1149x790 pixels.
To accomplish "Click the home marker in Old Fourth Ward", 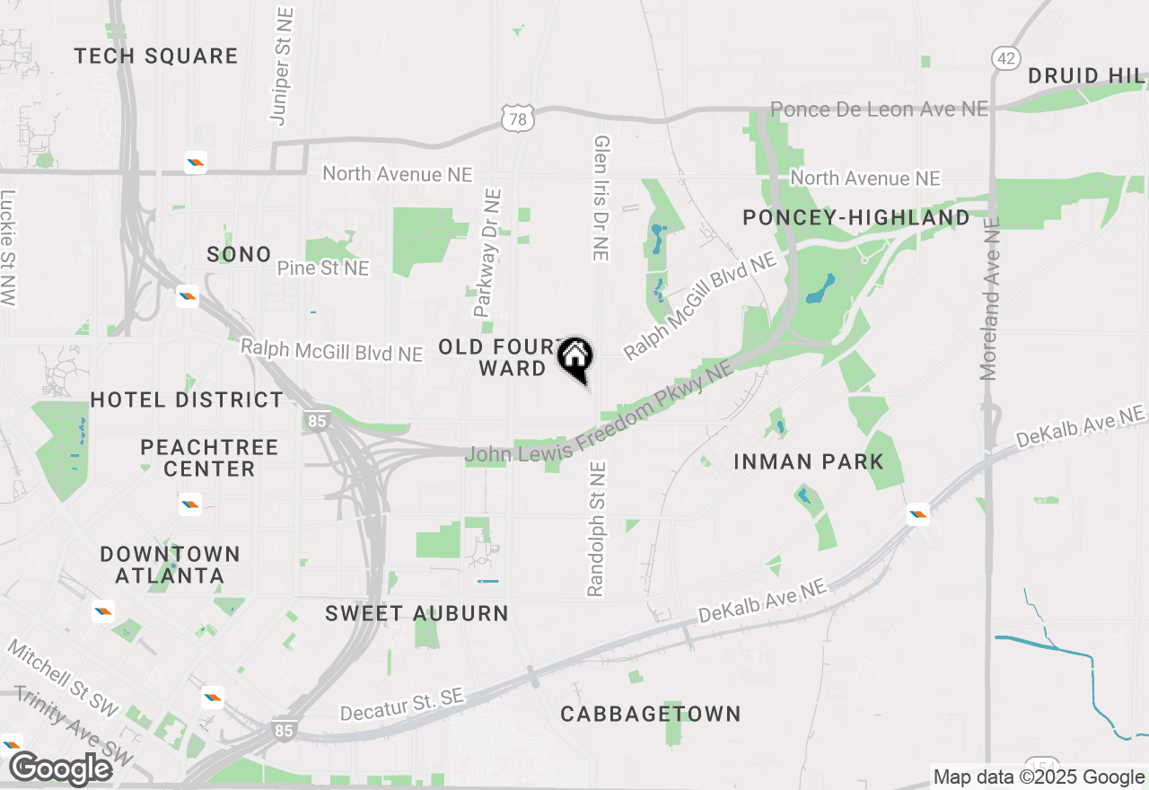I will point(575,357).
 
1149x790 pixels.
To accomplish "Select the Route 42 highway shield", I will point(1006,58).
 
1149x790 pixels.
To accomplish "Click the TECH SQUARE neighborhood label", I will point(156,56).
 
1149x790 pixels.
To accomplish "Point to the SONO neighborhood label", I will point(239,254).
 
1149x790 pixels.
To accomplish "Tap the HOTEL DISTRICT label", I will point(187,399).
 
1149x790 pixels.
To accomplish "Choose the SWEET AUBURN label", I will point(417,613).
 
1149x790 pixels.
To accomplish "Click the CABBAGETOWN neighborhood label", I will point(651,714).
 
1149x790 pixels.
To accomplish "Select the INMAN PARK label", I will point(809,461).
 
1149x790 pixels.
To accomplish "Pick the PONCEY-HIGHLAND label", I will point(856,217).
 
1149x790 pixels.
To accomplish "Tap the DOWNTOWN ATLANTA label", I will point(170,564).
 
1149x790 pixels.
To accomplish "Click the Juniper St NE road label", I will point(281,65).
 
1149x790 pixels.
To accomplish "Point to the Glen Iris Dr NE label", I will point(601,198).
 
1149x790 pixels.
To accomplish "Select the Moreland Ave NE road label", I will point(989,295).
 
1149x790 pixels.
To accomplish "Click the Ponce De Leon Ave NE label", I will point(879,109).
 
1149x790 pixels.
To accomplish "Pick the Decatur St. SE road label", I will point(402,705).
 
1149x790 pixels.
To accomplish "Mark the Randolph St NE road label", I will point(597,529).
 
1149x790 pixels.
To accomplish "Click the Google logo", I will point(60,768).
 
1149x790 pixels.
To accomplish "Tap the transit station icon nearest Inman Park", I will point(917,515).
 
